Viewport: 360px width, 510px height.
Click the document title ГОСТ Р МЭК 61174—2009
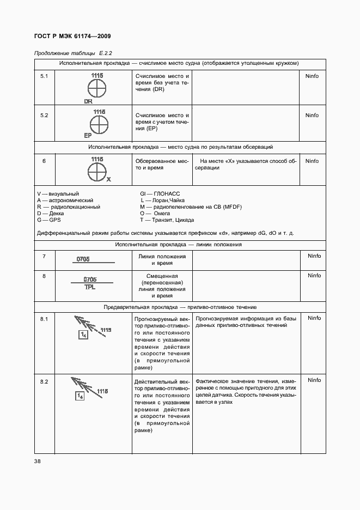coord(73,37)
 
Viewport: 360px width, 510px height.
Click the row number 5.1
coord(44,76)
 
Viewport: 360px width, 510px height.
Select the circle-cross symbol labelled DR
coord(97,89)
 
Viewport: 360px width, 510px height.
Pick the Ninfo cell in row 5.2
coord(312,116)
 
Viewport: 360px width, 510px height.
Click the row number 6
coord(44,161)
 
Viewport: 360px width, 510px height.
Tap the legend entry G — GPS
coord(49,220)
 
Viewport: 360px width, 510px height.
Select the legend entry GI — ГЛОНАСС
coord(160,194)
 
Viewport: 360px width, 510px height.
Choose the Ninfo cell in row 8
coord(314,276)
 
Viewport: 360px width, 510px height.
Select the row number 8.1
coord(44,318)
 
